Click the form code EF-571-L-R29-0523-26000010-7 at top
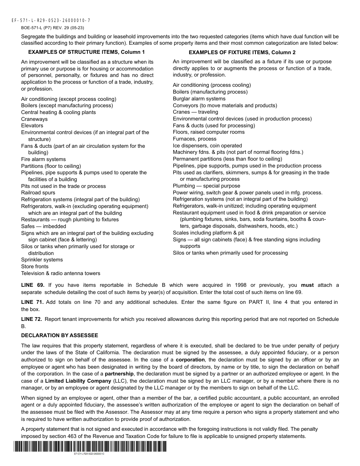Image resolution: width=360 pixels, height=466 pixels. click(51, 20)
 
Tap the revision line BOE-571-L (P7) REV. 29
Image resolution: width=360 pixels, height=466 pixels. click(53, 28)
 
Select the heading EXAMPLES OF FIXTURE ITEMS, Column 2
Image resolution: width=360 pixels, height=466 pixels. click(242, 52)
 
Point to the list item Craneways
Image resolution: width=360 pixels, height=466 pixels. click(34, 119)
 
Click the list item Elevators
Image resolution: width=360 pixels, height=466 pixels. click(32, 126)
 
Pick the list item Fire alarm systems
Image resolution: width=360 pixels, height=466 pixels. click(44, 160)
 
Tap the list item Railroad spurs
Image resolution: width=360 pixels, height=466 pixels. click(38, 193)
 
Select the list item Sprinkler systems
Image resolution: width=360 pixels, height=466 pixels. click(42, 260)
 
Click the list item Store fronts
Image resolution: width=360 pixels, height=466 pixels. click(35, 267)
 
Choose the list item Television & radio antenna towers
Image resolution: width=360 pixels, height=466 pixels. click(61, 274)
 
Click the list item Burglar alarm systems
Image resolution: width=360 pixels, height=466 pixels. click(199, 99)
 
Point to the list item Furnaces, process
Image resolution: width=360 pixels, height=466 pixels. click(195, 139)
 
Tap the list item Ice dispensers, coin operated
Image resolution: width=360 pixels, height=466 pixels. click(207, 146)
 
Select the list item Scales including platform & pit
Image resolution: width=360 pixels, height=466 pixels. click(208, 233)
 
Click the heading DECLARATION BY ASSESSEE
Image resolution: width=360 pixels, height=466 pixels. click(59, 336)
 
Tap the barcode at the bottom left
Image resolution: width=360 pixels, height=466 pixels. click(90, 447)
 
